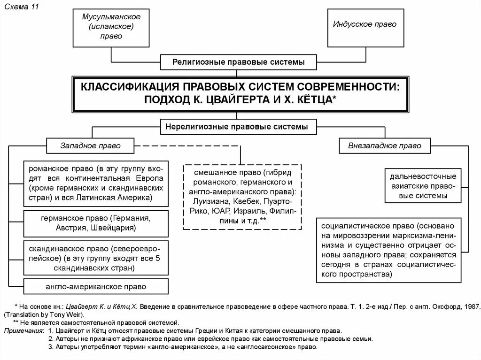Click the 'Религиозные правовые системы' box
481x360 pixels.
(x=238, y=61)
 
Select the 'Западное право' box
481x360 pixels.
(x=90, y=146)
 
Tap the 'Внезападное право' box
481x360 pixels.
(x=385, y=146)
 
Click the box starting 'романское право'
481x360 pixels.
(x=96, y=183)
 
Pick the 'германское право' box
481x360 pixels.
(x=96, y=223)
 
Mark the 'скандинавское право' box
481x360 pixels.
(x=96, y=258)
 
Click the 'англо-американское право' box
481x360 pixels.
(x=96, y=286)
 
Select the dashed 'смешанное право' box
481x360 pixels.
(x=242, y=196)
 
